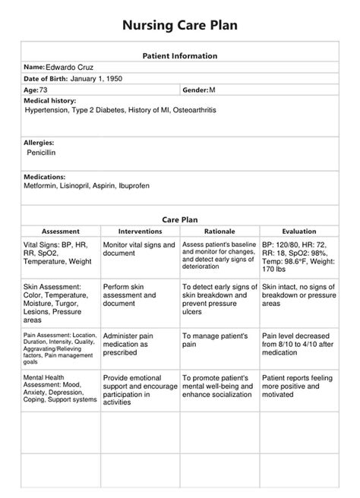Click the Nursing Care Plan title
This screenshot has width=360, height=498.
click(x=180, y=25)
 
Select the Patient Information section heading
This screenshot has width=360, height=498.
click(x=180, y=55)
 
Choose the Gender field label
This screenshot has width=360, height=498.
click(x=195, y=90)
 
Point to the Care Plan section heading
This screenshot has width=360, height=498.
click(x=180, y=219)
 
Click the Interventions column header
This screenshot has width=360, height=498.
click(x=140, y=231)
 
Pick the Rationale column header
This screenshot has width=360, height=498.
click(x=219, y=231)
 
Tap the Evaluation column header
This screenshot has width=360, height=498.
click(x=298, y=231)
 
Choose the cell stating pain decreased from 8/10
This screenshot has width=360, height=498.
click(x=299, y=345)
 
